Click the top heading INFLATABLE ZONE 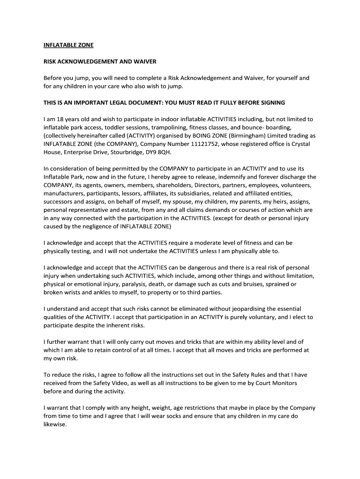pos(68,45)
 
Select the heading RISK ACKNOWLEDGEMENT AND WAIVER pos(100,62)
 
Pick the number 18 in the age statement pos(60,119)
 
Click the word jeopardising pos(232,309)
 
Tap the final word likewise pos(55,424)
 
